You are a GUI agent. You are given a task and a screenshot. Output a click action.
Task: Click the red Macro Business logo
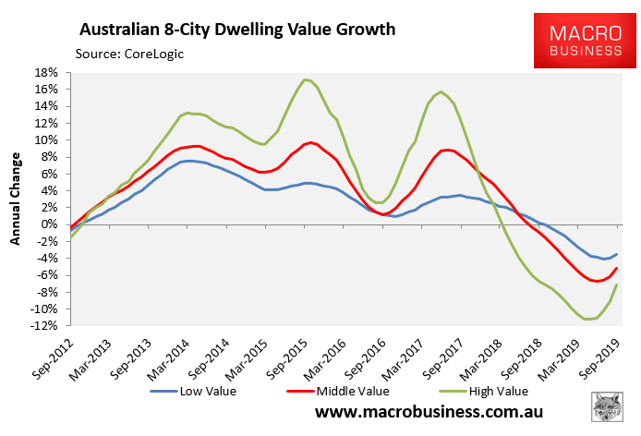point(578,42)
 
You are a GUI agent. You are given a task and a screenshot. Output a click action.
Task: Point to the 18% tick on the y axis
point(47,72)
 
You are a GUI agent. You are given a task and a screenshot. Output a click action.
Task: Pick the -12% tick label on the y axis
point(45,326)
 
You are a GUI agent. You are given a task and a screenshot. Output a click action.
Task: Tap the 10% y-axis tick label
point(47,139)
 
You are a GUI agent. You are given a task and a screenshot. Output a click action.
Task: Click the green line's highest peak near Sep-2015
point(306,79)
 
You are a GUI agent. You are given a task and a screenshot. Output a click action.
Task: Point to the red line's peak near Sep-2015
point(310,142)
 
